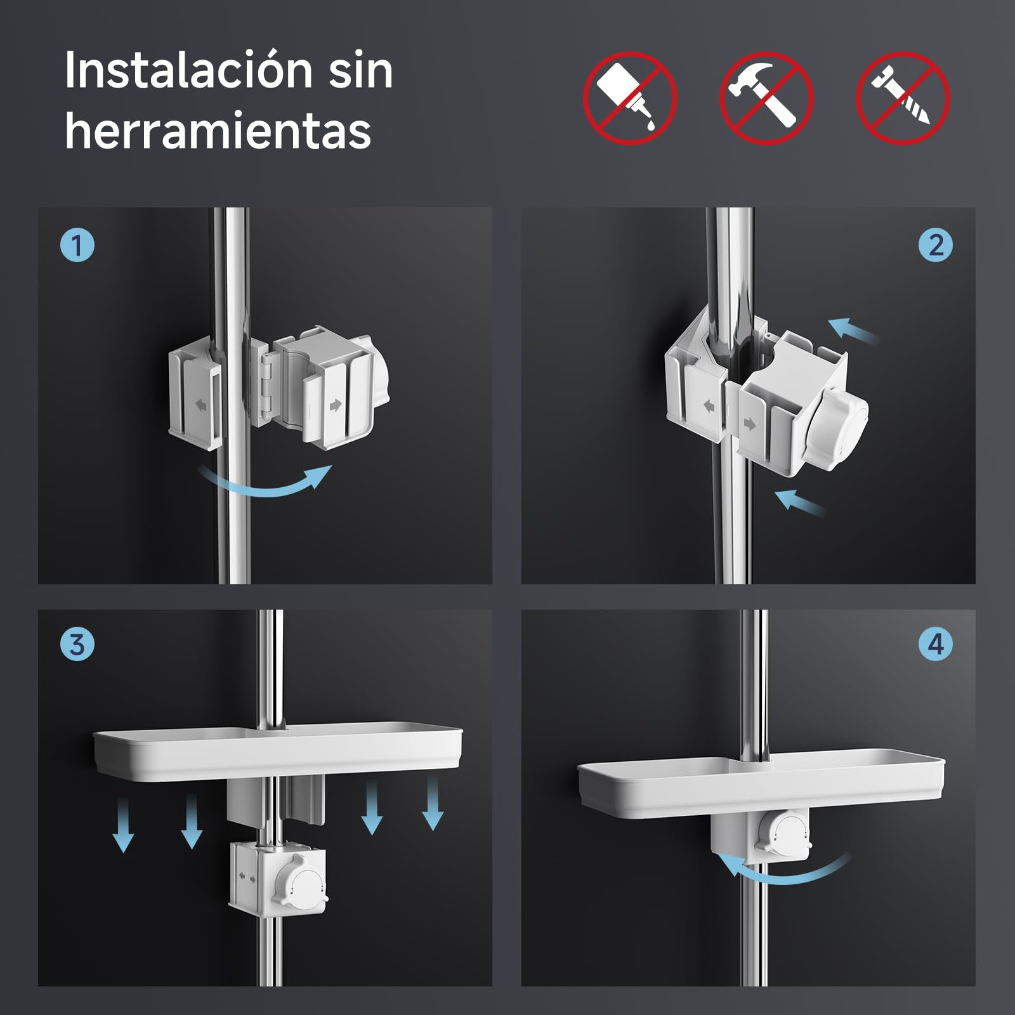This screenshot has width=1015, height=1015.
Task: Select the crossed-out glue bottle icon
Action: tap(630, 98)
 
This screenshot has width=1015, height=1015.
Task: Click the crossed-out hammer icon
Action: tap(766, 98)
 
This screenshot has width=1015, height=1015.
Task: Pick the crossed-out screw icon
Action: tap(903, 98)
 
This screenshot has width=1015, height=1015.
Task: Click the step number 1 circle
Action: tap(77, 246)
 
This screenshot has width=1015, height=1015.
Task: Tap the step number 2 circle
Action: tap(936, 246)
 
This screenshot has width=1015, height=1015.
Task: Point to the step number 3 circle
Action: tap(77, 645)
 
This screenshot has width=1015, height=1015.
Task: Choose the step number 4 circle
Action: tap(936, 645)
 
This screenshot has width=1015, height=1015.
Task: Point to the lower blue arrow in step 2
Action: tap(801, 502)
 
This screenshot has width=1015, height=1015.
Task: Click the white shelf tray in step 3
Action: tap(278, 755)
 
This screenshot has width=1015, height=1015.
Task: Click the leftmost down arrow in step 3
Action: tap(123, 825)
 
